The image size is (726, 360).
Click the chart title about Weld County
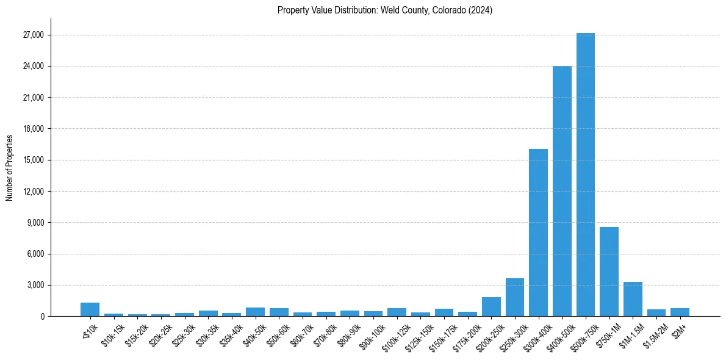click(x=385, y=10)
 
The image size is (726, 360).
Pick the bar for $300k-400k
click(x=538, y=232)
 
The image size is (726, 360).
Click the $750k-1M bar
click(x=609, y=272)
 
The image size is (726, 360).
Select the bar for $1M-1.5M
click(x=633, y=299)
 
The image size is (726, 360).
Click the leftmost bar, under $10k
click(x=90, y=309)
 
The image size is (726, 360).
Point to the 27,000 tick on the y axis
click(x=33, y=35)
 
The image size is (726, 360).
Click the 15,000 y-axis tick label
click(x=33, y=160)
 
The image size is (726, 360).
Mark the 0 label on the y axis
click(x=42, y=316)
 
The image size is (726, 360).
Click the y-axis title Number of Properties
click(x=10, y=167)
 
